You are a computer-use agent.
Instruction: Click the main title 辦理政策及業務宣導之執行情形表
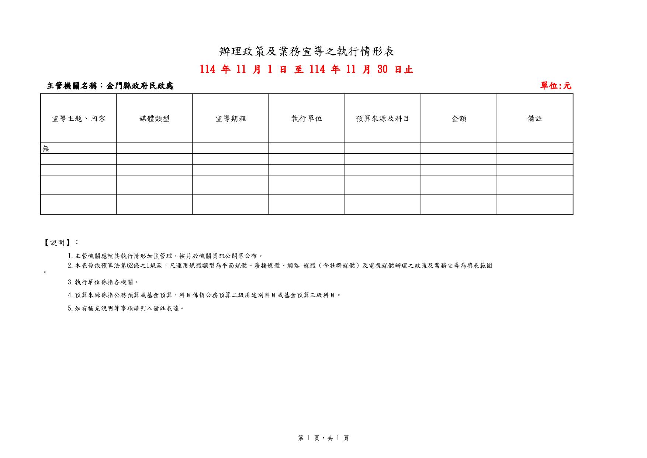[x=307, y=52]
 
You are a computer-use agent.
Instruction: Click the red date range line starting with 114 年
[x=307, y=69]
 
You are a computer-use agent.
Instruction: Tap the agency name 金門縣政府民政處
[x=139, y=86]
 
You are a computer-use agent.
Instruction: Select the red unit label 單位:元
[x=556, y=86]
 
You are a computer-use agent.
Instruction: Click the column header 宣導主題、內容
[x=79, y=119]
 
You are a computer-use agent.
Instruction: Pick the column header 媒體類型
[x=155, y=119]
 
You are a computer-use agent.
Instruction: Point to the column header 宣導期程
[x=231, y=119]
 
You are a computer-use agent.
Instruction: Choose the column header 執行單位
[x=307, y=119]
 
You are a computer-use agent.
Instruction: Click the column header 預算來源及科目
[x=383, y=119]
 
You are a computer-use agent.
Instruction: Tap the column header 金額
[x=459, y=119]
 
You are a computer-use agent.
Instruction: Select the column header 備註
[x=535, y=119]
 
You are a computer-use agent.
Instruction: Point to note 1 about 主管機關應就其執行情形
[x=165, y=256]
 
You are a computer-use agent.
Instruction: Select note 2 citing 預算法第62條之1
[x=280, y=266]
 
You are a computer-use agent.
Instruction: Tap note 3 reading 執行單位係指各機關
[x=103, y=282]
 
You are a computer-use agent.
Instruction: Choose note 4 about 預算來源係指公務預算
[x=204, y=295]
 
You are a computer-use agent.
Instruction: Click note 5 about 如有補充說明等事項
[x=126, y=308]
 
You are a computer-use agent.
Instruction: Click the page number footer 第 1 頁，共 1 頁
[x=323, y=438]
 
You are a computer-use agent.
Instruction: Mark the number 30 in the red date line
[x=383, y=69]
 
